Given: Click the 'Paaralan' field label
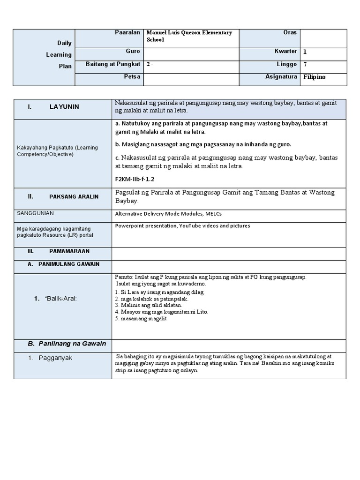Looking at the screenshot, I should [x=127, y=33].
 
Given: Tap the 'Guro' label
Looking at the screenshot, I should [x=133, y=51].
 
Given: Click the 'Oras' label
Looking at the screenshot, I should [x=290, y=33].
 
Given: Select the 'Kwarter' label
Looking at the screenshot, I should [x=286, y=51].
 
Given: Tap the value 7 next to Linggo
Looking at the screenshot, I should [x=305, y=64].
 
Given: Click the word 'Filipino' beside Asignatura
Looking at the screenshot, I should [x=314, y=77].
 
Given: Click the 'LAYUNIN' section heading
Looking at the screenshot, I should [x=64, y=107].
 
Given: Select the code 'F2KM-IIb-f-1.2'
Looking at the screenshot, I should [x=135, y=179].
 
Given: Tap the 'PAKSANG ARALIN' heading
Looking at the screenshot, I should [x=74, y=196].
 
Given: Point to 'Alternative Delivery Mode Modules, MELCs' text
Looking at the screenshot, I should [x=168, y=214].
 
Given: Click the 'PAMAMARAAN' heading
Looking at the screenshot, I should [x=69, y=252].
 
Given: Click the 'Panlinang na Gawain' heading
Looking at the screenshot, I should [x=67, y=344].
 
